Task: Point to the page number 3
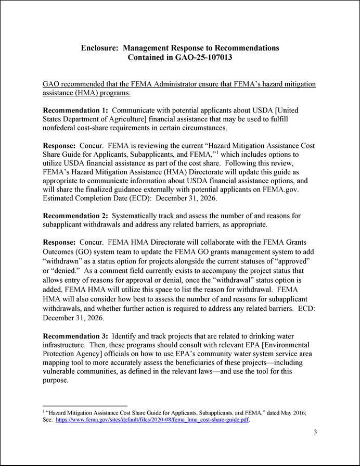click(315, 432)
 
